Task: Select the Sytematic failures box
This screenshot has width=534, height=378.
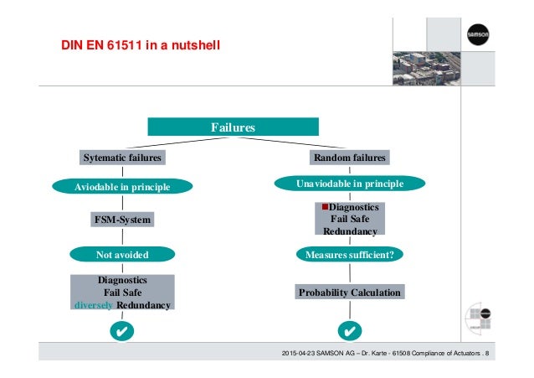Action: [122, 158]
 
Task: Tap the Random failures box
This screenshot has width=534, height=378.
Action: [350, 158]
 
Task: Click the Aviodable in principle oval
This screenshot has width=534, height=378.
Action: [123, 186]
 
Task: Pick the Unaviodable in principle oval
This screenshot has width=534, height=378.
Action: [350, 184]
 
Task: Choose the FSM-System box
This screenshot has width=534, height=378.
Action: [123, 220]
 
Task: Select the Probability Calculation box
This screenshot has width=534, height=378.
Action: [350, 292]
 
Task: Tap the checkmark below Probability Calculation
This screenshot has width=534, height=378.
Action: [350, 329]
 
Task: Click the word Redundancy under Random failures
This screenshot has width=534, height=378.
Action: [351, 231]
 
